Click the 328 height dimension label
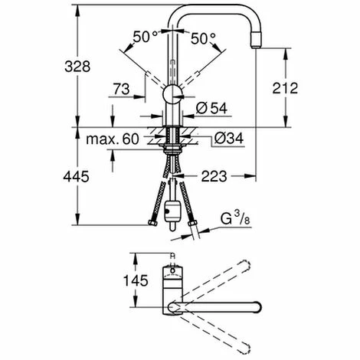tap(77, 67)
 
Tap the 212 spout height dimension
tap(285, 88)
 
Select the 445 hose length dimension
tap(76, 176)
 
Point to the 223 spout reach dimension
tap(214, 176)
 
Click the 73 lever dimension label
tap(122, 89)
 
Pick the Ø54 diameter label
tap(211, 108)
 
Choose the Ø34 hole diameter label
tap(229, 138)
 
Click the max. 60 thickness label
tap(113, 139)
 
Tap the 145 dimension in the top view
tap(136, 280)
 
